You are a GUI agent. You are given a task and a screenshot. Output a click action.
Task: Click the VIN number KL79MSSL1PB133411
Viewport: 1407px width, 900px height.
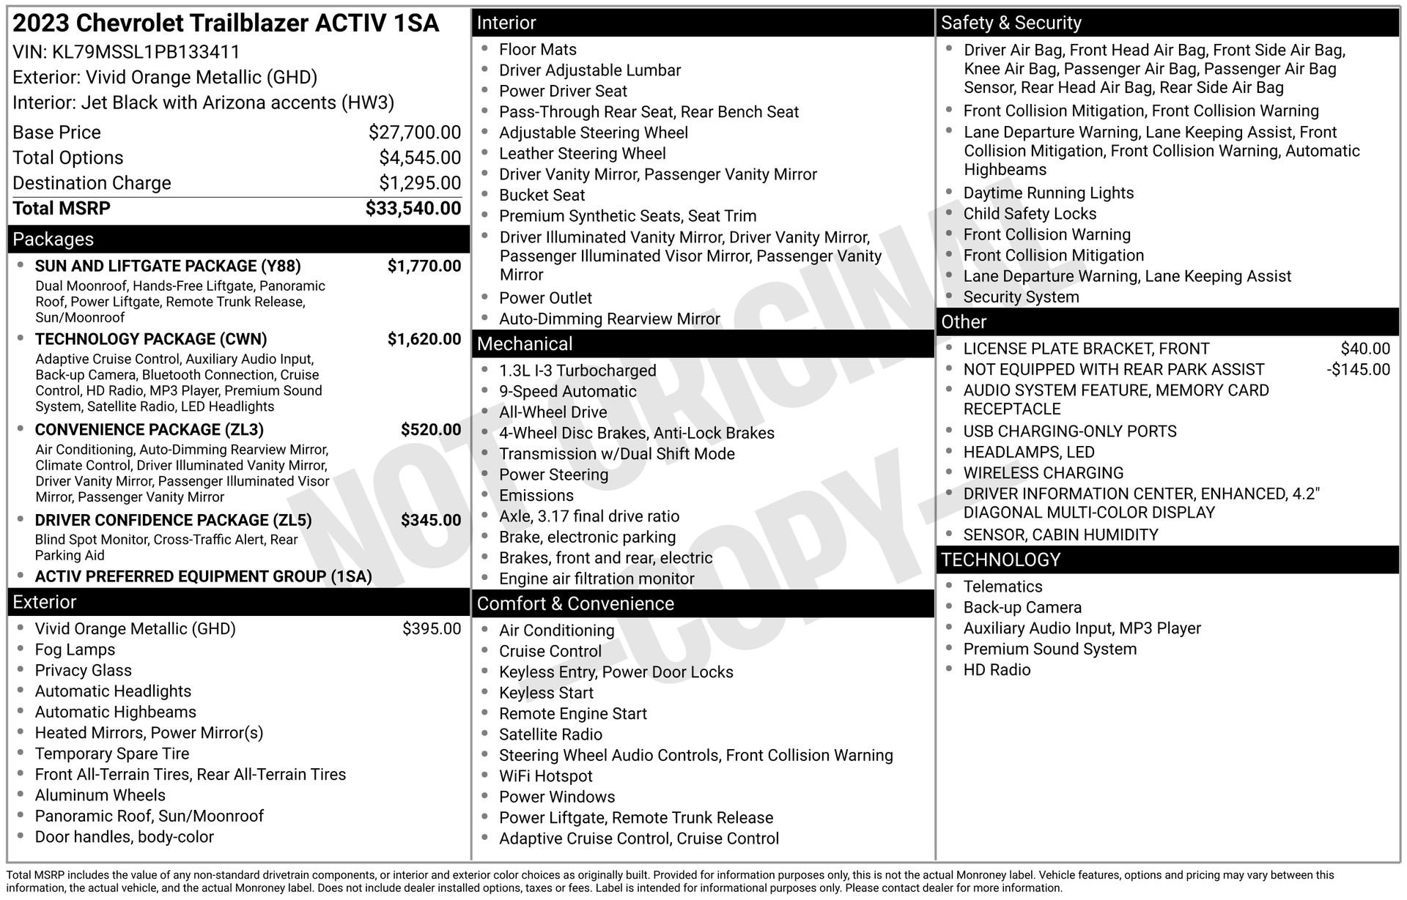pos(146,52)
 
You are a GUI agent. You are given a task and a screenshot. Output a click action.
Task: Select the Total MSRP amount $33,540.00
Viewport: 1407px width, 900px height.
pos(413,209)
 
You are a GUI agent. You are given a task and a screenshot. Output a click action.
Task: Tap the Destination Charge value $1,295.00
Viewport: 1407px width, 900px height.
pos(420,183)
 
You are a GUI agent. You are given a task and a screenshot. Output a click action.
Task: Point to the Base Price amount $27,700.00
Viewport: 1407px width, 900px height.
pos(415,133)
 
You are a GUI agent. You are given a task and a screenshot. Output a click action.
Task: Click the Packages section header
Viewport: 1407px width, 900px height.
pos(53,239)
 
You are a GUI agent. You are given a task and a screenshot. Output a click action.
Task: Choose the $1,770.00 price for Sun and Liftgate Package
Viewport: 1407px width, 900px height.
pos(424,266)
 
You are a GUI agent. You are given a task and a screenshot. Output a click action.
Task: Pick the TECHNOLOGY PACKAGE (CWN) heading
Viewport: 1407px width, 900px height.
pos(151,339)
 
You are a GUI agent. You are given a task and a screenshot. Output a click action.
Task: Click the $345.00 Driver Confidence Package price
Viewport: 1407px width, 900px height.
pos(431,521)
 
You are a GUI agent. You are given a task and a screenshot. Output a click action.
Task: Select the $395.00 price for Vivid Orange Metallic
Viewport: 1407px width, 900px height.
pos(432,629)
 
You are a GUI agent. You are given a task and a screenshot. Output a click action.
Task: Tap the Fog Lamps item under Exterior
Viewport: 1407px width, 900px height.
pos(75,650)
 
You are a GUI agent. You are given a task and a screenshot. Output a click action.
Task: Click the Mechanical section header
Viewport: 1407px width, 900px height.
pos(525,344)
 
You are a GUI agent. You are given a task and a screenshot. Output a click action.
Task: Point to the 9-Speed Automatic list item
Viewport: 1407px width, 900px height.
pos(568,392)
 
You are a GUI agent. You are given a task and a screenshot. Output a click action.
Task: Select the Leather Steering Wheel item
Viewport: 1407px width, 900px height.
pos(583,154)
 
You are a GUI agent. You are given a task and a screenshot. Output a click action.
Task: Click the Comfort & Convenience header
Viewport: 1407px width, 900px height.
pos(575,604)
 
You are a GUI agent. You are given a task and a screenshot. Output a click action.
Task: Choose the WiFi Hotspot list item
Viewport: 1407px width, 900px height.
pos(546,776)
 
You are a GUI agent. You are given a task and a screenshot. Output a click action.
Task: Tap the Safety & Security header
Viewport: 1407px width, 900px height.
pos(1011,23)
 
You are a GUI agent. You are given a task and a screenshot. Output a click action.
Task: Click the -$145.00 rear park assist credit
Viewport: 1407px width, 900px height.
pos(1358,370)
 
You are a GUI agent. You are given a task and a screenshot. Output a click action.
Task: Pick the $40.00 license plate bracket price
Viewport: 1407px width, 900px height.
pos(1365,349)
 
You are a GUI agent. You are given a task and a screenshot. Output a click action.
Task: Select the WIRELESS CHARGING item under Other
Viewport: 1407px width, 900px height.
pos(1044,473)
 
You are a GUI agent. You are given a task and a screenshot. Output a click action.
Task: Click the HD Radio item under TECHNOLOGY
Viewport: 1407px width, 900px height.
pos(997,670)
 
